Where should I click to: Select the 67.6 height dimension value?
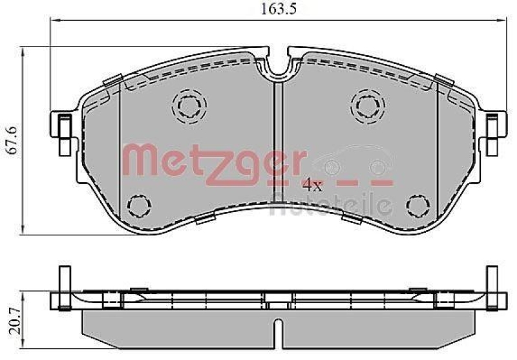point(9,140)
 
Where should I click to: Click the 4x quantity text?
point(312,186)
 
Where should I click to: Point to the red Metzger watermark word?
point(213,160)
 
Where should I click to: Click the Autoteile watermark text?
point(330,205)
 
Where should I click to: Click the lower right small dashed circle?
point(416,206)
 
